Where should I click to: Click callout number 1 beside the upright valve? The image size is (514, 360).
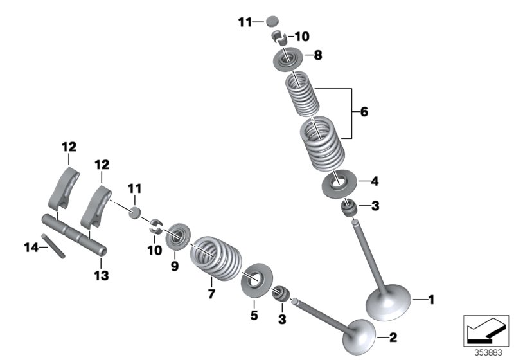coord(431,299)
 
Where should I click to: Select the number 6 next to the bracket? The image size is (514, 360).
coord(364,112)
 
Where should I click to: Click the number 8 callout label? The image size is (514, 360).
coord(318,55)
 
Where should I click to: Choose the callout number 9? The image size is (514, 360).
coord(174,264)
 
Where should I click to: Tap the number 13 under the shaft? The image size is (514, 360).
coord(102,275)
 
